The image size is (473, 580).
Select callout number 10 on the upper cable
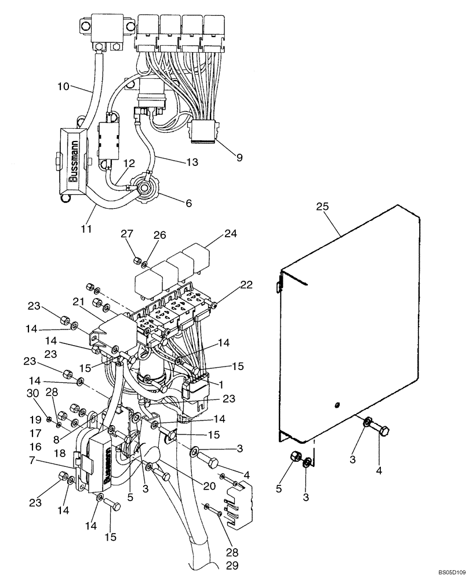pyautogui.click(x=64, y=87)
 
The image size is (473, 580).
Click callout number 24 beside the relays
pyautogui.click(x=231, y=235)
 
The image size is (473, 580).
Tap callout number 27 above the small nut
pyautogui.click(x=127, y=234)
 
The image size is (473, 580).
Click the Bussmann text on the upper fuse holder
pyautogui.click(x=74, y=163)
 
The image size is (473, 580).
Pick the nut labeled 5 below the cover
pyautogui.click(x=294, y=457)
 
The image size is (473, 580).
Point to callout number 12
pyautogui.click(x=128, y=164)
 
